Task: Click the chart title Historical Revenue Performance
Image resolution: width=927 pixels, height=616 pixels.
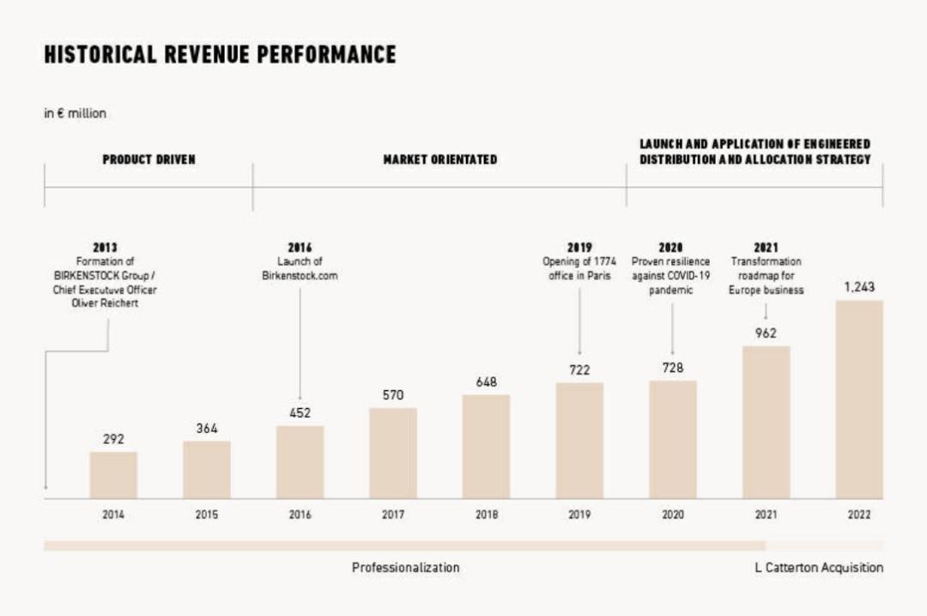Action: (220, 55)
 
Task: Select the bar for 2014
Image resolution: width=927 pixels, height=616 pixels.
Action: (113, 475)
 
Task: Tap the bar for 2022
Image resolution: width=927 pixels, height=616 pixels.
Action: (858, 399)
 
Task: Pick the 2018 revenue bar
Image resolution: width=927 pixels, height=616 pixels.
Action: (486, 447)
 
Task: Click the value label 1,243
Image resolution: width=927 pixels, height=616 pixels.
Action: (859, 288)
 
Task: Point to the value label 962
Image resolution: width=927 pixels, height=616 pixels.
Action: (766, 333)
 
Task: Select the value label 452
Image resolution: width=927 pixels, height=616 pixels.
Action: (300, 413)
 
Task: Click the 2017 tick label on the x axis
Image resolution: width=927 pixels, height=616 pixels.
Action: (393, 515)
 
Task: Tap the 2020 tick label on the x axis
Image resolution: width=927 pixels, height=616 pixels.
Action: (673, 515)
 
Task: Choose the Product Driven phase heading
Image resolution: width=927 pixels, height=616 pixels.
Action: (148, 160)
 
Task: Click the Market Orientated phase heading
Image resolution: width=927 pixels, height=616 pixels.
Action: (439, 160)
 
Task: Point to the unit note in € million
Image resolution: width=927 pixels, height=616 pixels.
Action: (76, 113)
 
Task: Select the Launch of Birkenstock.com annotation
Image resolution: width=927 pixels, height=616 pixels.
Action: (300, 267)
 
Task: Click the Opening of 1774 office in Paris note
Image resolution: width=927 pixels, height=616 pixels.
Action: (579, 267)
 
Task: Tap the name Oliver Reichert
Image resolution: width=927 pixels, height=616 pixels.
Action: (105, 303)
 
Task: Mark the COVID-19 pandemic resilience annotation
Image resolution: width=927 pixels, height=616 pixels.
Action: (672, 275)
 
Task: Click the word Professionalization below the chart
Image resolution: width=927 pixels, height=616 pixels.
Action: (405, 568)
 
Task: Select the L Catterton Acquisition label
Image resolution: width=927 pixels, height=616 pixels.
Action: (819, 568)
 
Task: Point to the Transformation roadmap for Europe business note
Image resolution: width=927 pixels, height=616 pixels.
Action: (766, 275)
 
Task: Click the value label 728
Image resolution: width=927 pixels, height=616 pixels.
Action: (673, 368)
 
